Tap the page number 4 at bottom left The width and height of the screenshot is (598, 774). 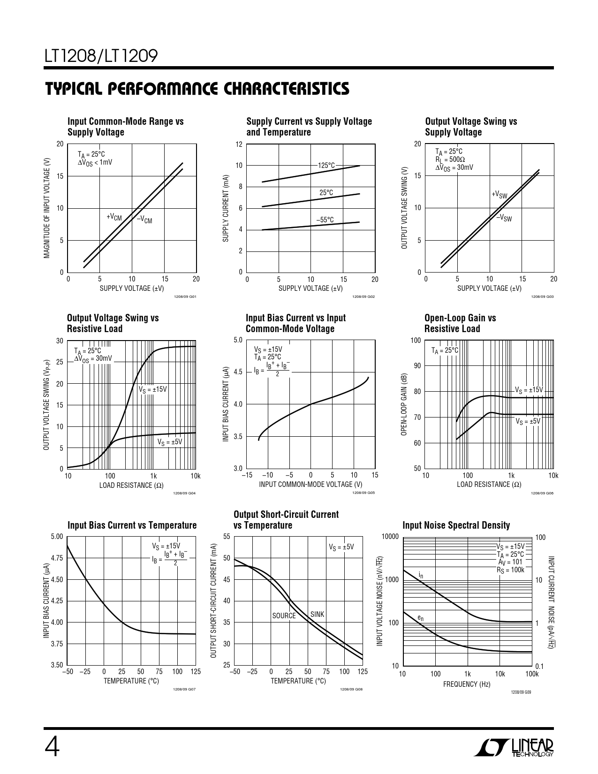[52, 747]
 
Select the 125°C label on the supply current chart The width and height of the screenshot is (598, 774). [326, 166]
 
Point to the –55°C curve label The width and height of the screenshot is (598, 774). [325, 220]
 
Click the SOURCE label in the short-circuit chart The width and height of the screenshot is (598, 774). [284, 616]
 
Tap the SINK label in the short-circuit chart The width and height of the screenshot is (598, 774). [317, 614]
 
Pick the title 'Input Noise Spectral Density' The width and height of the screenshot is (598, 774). [456, 525]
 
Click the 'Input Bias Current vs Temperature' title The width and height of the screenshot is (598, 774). [132, 525]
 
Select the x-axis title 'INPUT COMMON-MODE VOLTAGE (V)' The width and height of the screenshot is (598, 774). [310, 484]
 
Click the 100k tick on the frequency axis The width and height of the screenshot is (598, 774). [532, 674]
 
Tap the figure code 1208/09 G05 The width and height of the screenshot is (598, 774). [363, 493]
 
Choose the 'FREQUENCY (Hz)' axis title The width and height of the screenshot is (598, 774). [467, 684]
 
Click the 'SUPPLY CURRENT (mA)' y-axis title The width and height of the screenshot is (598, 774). [226, 208]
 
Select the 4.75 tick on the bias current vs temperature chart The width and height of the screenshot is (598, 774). [56, 558]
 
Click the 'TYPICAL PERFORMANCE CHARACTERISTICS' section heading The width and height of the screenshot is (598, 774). [197, 89]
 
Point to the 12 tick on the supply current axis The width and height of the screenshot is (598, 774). [239, 144]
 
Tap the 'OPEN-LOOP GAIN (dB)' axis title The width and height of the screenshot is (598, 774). [404, 405]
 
